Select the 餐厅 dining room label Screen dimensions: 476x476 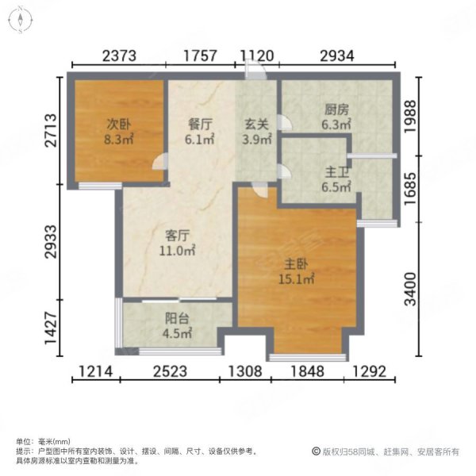199,124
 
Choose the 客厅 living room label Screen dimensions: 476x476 179,236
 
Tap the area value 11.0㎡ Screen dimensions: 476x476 179,251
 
